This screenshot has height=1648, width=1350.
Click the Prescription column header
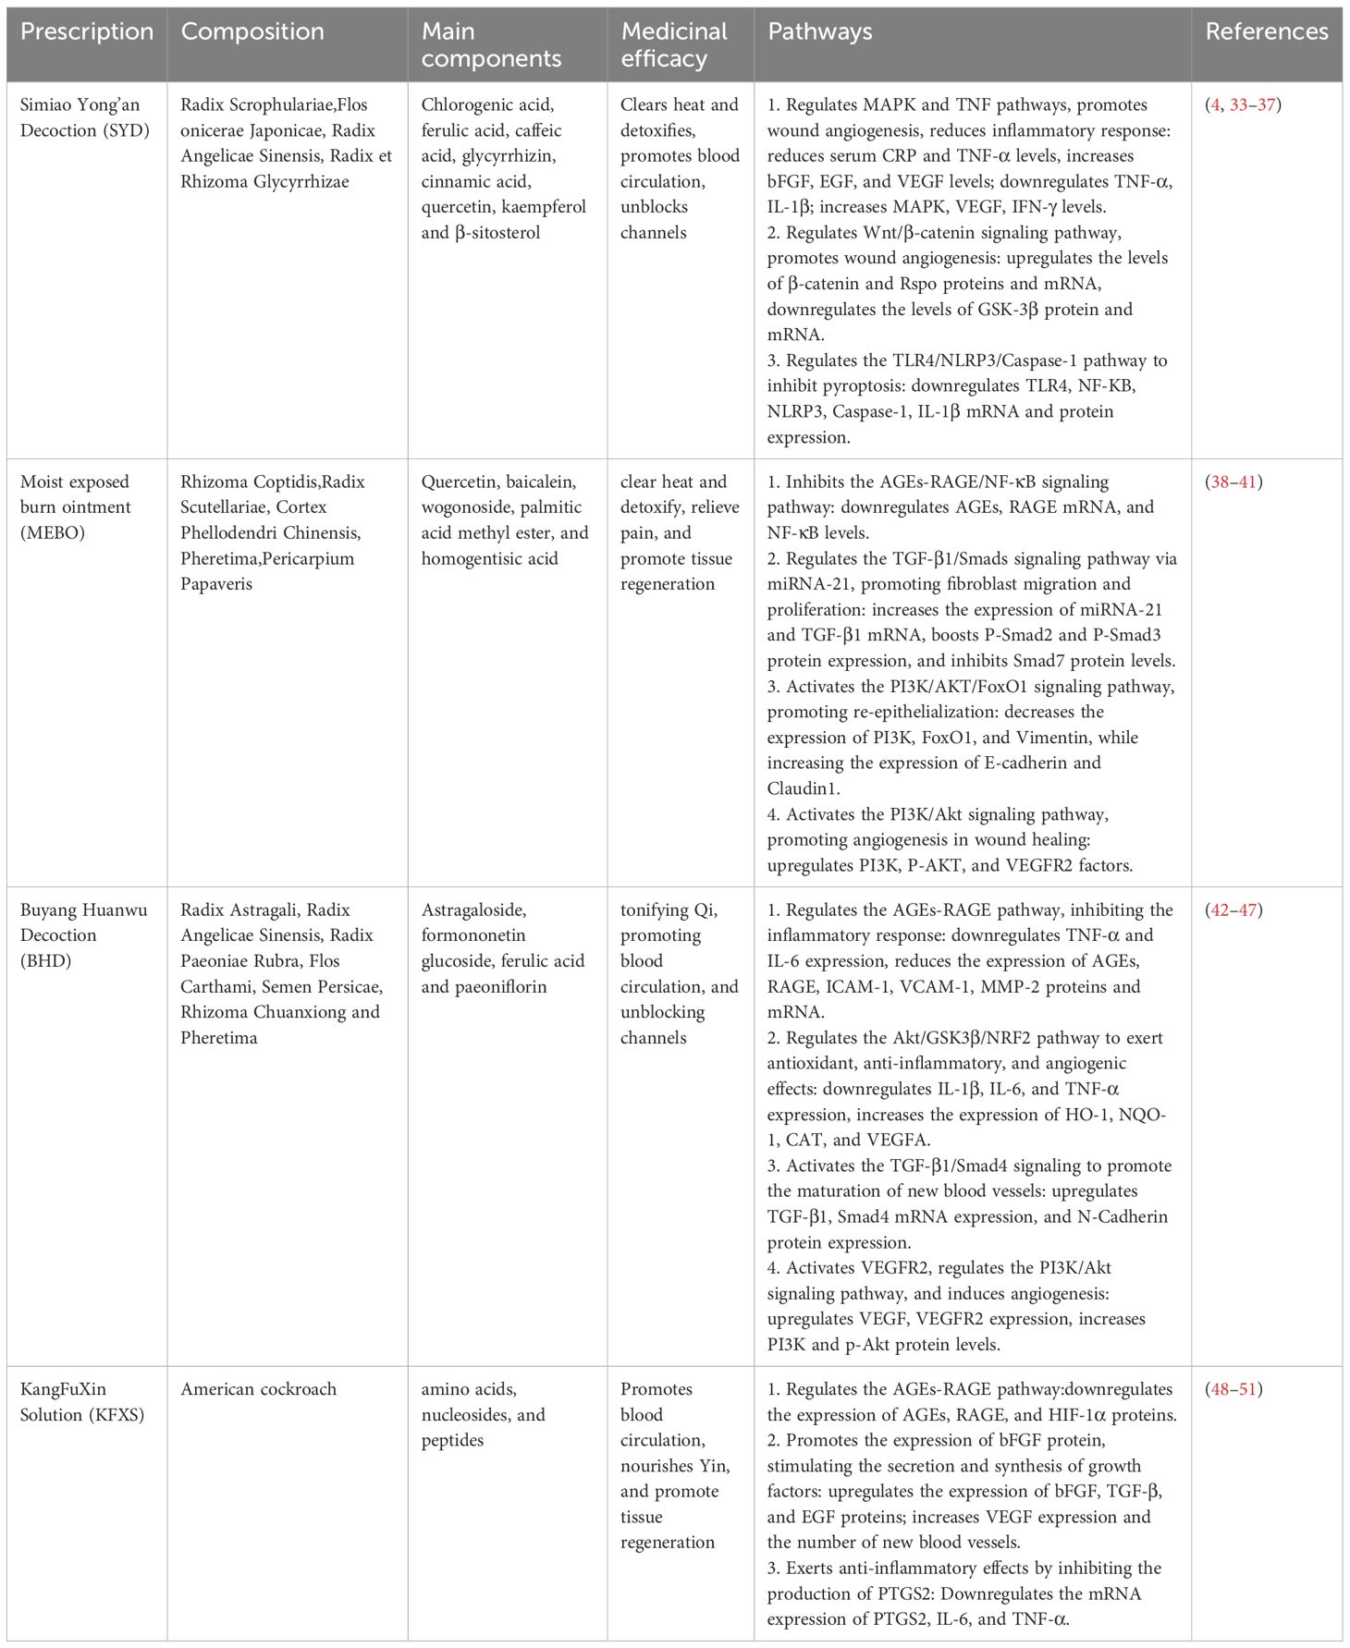(x=87, y=31)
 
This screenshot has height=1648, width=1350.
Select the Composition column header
(x=252, y=31)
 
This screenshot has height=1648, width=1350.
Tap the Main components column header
(x=491, y=44)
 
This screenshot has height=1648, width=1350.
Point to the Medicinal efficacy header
(x=674, y=44)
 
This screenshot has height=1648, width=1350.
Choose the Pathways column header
(x=819, y=31)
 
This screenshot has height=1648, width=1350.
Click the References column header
(x=1266, y=31)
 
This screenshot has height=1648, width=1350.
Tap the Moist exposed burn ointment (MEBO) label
(x=76, y=507)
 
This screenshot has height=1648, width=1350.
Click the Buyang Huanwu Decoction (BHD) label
(x=83, y=934)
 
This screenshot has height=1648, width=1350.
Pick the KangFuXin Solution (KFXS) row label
(x=82, y=1401)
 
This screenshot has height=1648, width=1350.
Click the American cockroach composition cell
(x=258, y=1388)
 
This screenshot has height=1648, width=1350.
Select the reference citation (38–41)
(x=1233, y=482)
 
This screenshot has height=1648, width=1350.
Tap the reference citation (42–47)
(x=1233, y=909)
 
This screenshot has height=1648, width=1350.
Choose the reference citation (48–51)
(x=1233, y=1388)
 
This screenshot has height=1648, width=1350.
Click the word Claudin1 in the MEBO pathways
(x=801, y=788)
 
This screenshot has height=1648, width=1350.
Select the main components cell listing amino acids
(x=483, y=1414)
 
